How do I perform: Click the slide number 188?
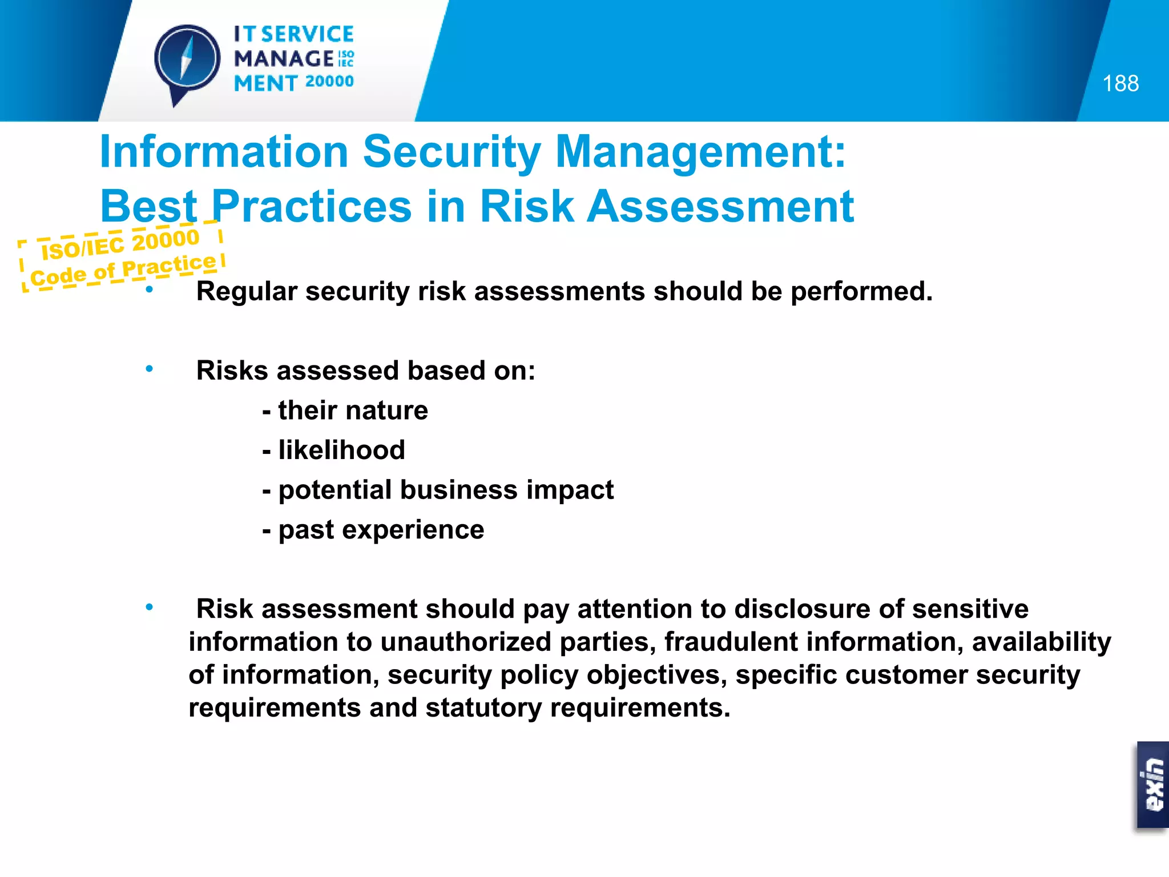[x=1120, y=84]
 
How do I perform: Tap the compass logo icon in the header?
[x=187, y=60]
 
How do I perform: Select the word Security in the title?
[x=452, y=152]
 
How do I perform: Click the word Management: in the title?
[x=700, y=152]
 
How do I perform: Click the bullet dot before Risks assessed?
[x=149, y=369]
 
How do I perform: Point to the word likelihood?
[x=341, y=450]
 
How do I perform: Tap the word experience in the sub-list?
[x=413, y=530]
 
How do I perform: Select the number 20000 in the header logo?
[x=329, y=82]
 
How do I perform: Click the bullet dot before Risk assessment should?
[x=149, y=608]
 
